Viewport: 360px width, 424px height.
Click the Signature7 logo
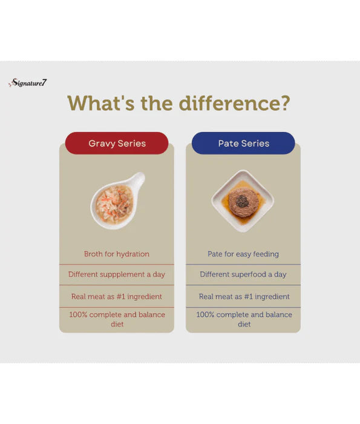(27, 83)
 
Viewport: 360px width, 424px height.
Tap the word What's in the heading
(101, 103)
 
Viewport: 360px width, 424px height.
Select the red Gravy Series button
(117, 144)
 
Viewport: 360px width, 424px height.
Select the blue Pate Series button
(243, 144)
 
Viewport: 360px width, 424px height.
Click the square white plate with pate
(243, 200)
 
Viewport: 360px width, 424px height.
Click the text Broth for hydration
(117, 254)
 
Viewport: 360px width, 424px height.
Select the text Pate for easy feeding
(243, 254)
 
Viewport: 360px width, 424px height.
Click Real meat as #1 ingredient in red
(117, 296)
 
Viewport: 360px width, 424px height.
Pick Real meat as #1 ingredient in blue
(244, 296)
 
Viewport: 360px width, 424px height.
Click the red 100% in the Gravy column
(78, 315)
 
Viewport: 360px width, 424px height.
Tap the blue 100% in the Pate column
(205, 315)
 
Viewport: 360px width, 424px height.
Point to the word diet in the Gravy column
(117, 325)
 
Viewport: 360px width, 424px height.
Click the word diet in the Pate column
(244, 325)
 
